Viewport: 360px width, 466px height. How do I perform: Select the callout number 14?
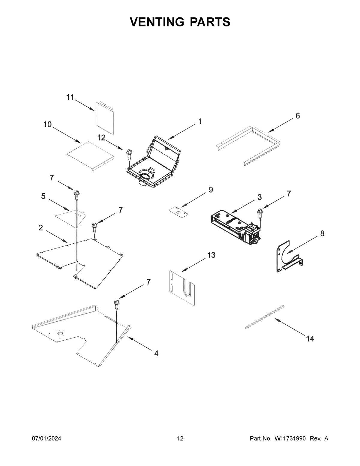pos(310,339)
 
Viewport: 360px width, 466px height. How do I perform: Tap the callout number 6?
pos(298,116)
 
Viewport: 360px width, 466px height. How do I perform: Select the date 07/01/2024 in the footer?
pos(46,439)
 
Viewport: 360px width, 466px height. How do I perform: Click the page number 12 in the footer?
pos(180,439)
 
